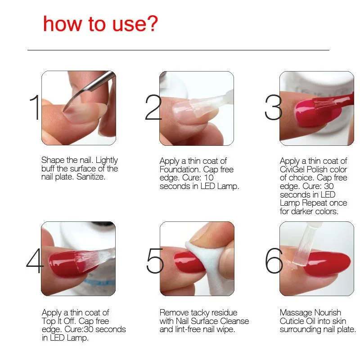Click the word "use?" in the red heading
[135, 24]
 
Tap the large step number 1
[35, 108]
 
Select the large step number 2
[153, 107]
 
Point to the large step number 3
[273, 107]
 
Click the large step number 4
[35, 261]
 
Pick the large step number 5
[155, 261]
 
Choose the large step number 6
[274, 261]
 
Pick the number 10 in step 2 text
[209, 177]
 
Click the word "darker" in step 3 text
[302, 211]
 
